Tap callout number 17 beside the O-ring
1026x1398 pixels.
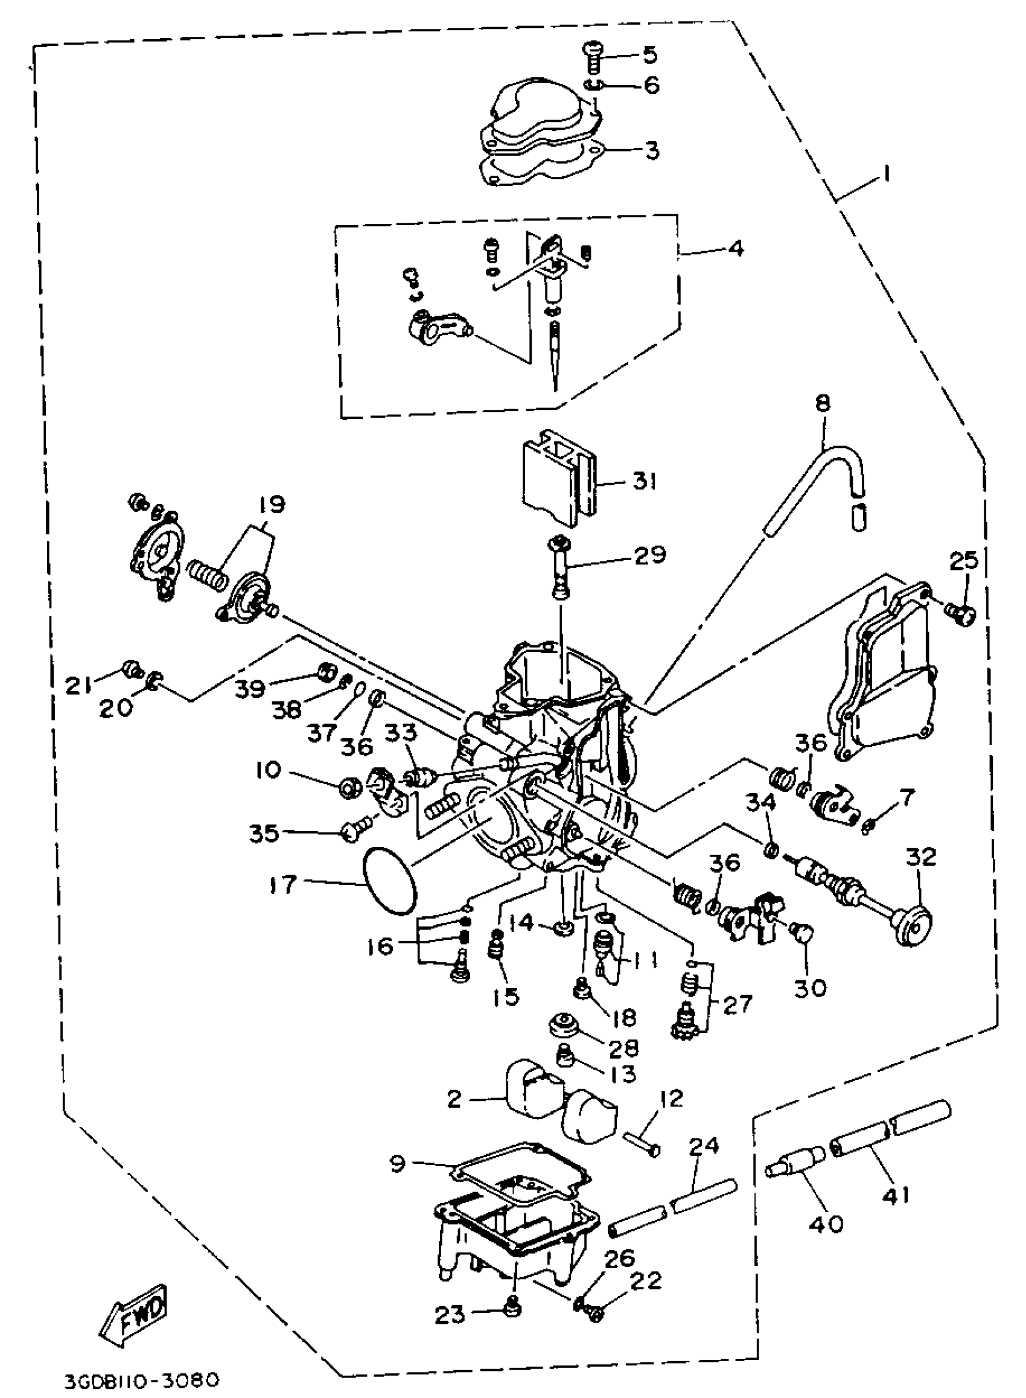click(282, 884)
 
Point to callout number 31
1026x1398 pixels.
click(644, 480)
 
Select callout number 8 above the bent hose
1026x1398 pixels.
click(821, 404)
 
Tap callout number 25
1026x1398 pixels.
click(964, 561)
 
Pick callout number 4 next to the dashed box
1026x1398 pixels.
click(734, 249)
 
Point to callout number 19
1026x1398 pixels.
click(270, 504)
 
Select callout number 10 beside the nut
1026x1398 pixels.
click(268, 770)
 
